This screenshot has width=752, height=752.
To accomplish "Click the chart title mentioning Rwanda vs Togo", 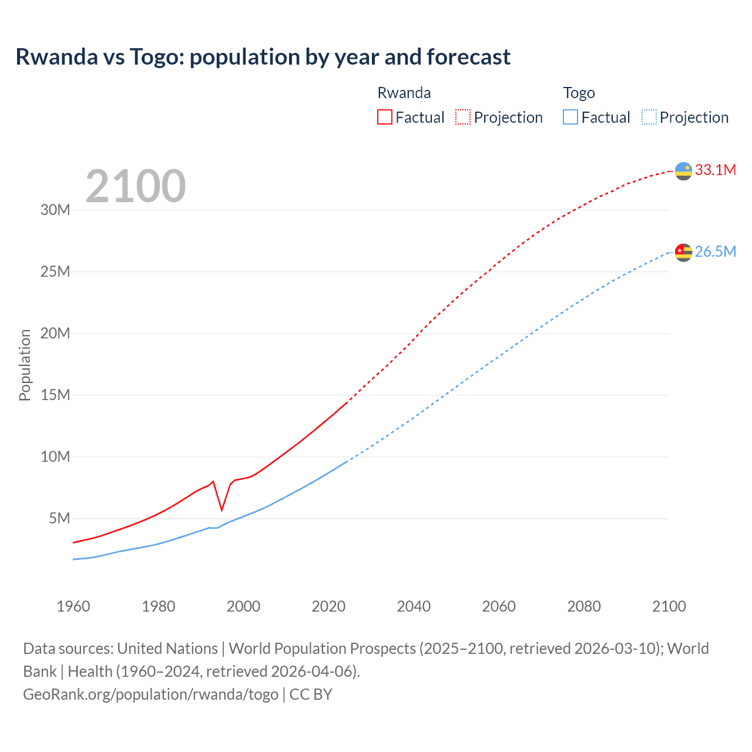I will (x=263, y=57).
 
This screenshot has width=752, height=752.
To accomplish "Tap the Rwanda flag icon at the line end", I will (x=683, y=171).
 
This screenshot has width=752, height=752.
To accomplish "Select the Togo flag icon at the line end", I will (x=683, y=252).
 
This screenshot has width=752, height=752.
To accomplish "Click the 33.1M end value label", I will (x=715, y=170).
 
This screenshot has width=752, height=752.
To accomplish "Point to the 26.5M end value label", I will (x=715, y=252).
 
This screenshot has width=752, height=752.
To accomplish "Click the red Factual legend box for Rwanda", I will (x=385, y=117).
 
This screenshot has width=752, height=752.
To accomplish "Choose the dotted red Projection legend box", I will (x=463, y=117).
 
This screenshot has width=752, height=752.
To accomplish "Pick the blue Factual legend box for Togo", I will (x=570, y=117).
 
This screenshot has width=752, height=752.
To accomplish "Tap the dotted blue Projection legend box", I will (x=649, y=117).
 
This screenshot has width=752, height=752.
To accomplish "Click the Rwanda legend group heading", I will (x=404, y=93).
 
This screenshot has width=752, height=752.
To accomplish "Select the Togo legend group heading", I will (x=579, y=93).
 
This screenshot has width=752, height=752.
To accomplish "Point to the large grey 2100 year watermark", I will (x=136, y=187).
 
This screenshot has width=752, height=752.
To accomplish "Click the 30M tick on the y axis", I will (x=55, y=210).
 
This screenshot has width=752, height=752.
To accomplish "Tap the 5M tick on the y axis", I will (x=59, y=518).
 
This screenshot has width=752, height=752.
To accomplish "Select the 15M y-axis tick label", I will (x=55, y=395).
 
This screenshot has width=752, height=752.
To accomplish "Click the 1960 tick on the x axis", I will (x=73, y=606).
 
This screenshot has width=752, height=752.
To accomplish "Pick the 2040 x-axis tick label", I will (x=414, y=606).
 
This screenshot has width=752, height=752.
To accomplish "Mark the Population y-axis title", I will (x=25, y=365).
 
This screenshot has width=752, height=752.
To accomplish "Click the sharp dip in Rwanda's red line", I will (x=221, y=509).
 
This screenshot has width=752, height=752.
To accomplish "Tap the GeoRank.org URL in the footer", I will (x=150, y=694).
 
